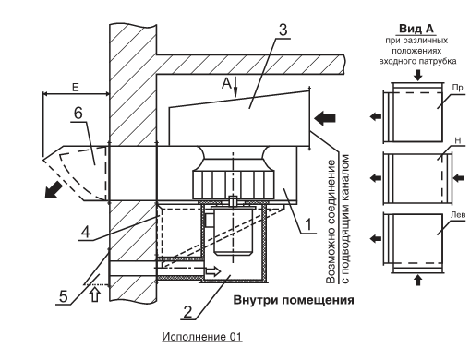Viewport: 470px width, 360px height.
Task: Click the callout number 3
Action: coord(283,30)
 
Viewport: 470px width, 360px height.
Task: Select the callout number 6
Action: coord(78,113)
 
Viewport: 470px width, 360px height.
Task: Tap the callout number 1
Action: coord(308,224)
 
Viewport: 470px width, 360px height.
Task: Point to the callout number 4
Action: coord(85,232)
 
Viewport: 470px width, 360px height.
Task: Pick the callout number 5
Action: coord(63,296)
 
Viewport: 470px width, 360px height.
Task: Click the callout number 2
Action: coord(187,312)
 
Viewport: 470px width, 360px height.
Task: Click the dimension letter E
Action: coord(76,88)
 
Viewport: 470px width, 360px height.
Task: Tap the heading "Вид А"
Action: coord(416,29)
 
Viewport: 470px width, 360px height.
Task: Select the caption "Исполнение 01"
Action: coord(202,337)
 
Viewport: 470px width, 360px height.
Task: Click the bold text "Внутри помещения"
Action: coord(294,300)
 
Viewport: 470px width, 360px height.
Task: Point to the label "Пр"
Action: coord(458,88)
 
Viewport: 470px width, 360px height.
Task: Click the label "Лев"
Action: coord(458,214)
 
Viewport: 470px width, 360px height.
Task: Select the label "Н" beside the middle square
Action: coord(458,140)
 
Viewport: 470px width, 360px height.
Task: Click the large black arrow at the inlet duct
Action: coord(325,118)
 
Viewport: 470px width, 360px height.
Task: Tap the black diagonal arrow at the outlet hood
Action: coord(53,189)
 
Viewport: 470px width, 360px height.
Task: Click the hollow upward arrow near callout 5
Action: coord(95,294)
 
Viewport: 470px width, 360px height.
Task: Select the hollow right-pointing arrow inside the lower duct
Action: coord(213,271)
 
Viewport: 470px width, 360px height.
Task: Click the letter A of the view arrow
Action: coord(226,83)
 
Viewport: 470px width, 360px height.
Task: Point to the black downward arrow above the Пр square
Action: coord(417,75)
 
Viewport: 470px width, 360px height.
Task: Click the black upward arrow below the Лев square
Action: coord(417,281)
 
